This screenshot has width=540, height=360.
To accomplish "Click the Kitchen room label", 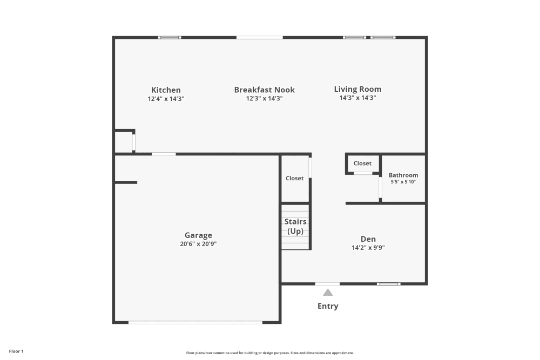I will [166, 90].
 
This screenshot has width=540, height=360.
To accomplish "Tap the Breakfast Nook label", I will [264, 90].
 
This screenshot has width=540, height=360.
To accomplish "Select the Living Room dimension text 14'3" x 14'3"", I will [357, 98].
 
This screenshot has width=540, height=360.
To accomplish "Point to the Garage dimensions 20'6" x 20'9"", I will [198, 244].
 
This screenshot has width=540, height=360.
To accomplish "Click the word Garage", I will [198, 235].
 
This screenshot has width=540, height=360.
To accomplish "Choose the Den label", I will [368, 239].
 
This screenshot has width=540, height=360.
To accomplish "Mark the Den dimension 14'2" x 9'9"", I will [368, 248].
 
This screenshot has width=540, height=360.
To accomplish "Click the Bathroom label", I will [403, 175].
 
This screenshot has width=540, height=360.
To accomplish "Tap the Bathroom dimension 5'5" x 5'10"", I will [403, 182].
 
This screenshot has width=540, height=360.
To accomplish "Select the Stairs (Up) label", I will [295, 226].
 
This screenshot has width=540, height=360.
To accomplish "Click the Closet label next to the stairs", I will [295, 178].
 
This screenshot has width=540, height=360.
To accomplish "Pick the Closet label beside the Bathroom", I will [362, 164].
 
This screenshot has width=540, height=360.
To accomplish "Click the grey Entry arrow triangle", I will [328, 293].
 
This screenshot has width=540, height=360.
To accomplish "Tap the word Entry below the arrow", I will [328, 306].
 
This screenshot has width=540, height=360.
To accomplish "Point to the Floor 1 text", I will [16, 351].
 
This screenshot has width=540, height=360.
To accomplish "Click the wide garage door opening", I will [195, 323].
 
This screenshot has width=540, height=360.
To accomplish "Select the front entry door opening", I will [327, 283].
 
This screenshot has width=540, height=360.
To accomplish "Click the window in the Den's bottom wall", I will [388, 283].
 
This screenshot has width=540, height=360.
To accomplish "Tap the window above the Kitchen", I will [170, 37].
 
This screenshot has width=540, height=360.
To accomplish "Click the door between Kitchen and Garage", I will [164, 154].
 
